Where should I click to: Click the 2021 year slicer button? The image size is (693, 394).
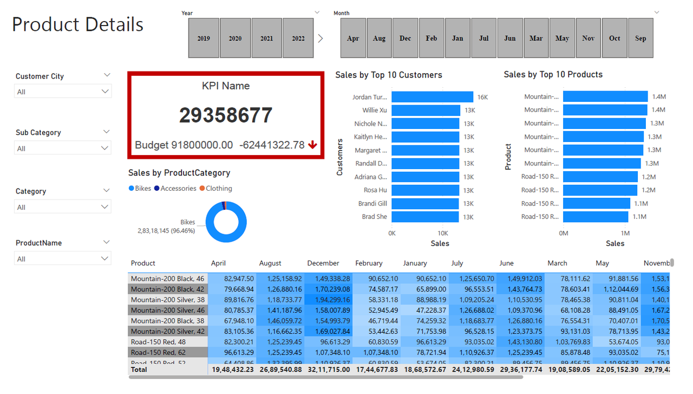click(x=266, y=38)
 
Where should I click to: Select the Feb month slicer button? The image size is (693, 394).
click(x=432, y=38)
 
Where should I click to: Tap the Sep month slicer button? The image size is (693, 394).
click(x=640, y=38)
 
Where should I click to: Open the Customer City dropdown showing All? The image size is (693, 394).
click(x=63, y=92)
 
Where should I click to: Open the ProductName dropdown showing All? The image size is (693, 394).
click(x=63, y=259)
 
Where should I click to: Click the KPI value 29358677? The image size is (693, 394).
click(x=226, y=115)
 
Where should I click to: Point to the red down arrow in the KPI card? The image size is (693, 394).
click(x=312, y=145)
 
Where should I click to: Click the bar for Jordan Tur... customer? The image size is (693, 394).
click(x=432, y=97)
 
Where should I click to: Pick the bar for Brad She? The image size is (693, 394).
click(x=425, y=217)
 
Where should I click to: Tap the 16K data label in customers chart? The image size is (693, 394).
click(x=482, y=98)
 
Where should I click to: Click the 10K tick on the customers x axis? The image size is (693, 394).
click(x=443, y=233)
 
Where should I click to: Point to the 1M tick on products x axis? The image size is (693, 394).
click(x=625, y=233)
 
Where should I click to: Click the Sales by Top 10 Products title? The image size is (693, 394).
click(x=553, y=75)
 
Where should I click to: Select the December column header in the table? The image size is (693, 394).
click(x=323, y=263)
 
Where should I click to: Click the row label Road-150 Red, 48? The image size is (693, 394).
click(x=158, y=342)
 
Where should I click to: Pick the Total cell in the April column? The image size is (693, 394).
click(x=232, y=370)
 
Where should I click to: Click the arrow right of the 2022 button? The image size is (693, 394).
click(x=321, y=38)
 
